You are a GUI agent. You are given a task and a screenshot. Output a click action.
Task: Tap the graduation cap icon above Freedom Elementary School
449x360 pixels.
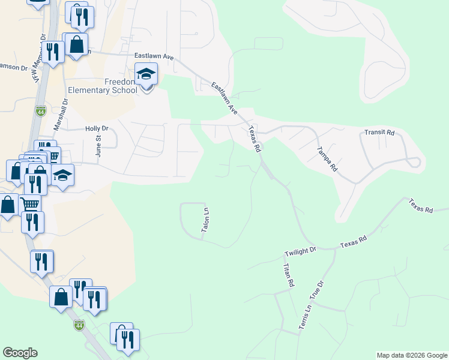click(x=146, y=74)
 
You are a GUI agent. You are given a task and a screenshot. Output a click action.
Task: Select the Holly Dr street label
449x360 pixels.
click(x=97, y=128)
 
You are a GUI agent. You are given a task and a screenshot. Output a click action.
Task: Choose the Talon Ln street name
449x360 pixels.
click(x=205, y=220)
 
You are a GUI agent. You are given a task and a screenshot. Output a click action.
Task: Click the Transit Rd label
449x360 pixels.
click(x=380, y=133)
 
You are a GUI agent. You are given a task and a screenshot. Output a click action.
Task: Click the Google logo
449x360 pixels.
click(x=20, y=353)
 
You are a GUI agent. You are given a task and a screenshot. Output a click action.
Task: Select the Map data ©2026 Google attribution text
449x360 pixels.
click(x=412, y=355)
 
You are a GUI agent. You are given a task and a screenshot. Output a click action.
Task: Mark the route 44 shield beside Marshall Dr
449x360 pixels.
click(x=40, y=112)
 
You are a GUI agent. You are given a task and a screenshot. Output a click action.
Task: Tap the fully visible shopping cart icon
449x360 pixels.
click(x=29, y=205)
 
